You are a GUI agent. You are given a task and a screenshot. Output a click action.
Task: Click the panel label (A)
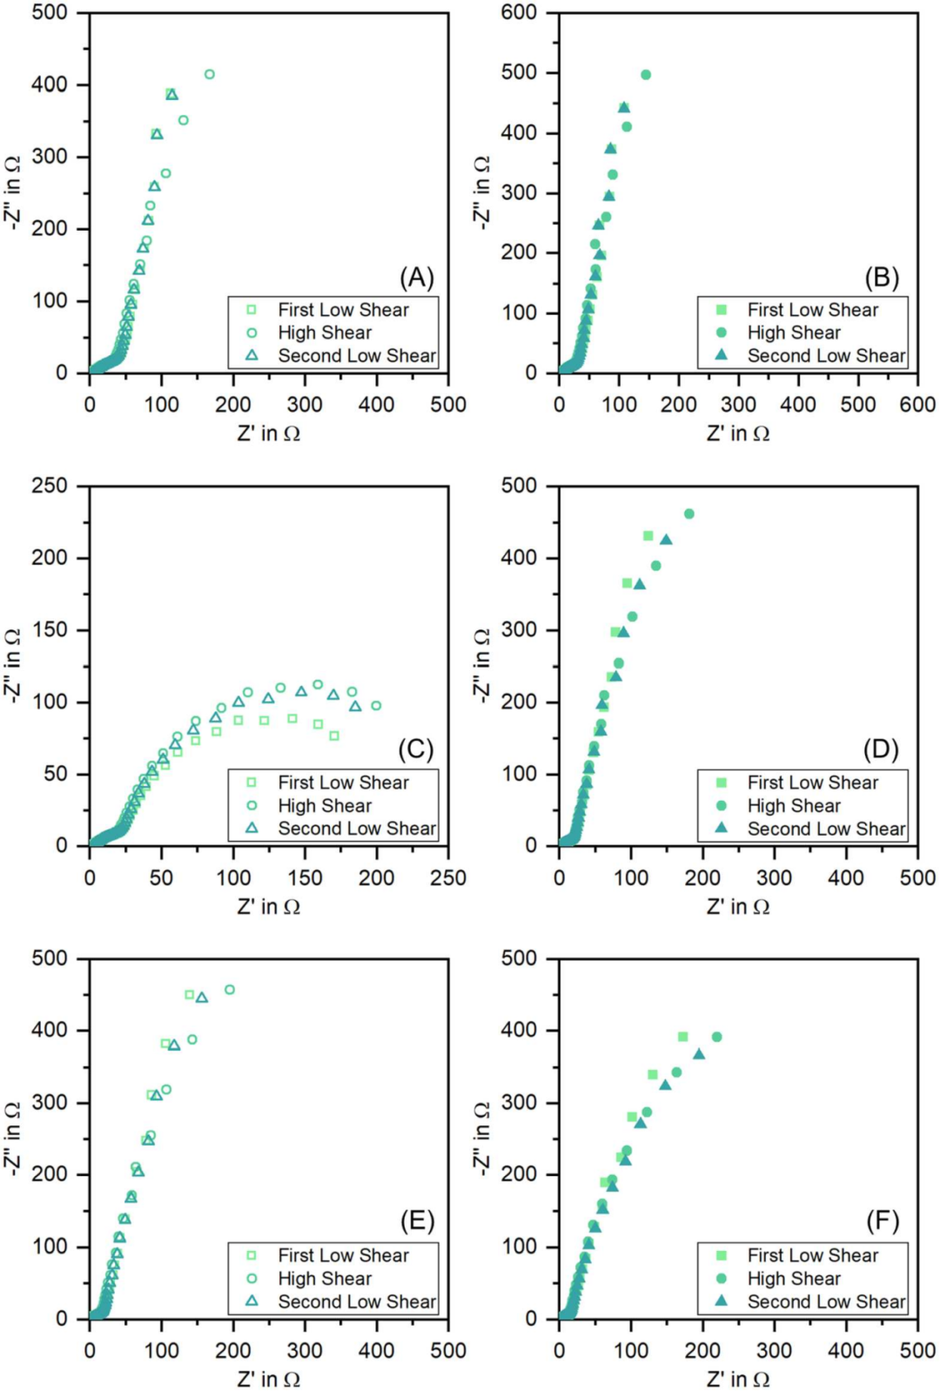click(x=416, y=278)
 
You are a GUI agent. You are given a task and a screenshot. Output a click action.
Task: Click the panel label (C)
click(x=415, y=749)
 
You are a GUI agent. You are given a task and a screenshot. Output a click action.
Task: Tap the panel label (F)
click(x=882, y=1221)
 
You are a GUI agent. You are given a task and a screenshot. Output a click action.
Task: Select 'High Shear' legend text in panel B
click(x=794, y=333)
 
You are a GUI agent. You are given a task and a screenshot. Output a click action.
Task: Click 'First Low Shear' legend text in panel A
click(x=343, y=310)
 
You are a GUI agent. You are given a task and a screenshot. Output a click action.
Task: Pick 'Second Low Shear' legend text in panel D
click(x=826, y=829)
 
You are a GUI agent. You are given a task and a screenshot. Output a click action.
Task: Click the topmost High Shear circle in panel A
click(x=209, y=75)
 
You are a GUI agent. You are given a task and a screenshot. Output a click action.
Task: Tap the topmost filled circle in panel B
click(x=646, y=75)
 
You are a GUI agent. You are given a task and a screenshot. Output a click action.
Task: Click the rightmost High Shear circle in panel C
click(x=376, y=706)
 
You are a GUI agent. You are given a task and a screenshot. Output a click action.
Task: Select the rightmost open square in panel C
click(x=334, y=736)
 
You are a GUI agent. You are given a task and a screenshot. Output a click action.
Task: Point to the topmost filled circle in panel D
click(x=689, y=514)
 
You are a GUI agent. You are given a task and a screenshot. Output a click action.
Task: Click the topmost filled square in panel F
click(x=683, y=1037)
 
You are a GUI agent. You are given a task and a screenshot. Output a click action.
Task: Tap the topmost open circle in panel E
click(x=230, y=990)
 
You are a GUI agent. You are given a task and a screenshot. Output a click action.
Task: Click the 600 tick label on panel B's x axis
click(x=917, y=405)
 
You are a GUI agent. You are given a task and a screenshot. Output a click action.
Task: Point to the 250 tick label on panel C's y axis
click(x=50, y=486)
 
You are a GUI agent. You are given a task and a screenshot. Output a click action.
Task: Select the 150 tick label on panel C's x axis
click(x=305, y=877)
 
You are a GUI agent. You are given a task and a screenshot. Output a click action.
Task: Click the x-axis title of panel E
click(x=268, y=1379)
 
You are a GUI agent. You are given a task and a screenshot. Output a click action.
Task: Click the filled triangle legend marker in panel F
click(x=721, y=1301)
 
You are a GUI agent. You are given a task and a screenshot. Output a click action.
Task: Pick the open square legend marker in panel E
click(x=252, y=1255)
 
